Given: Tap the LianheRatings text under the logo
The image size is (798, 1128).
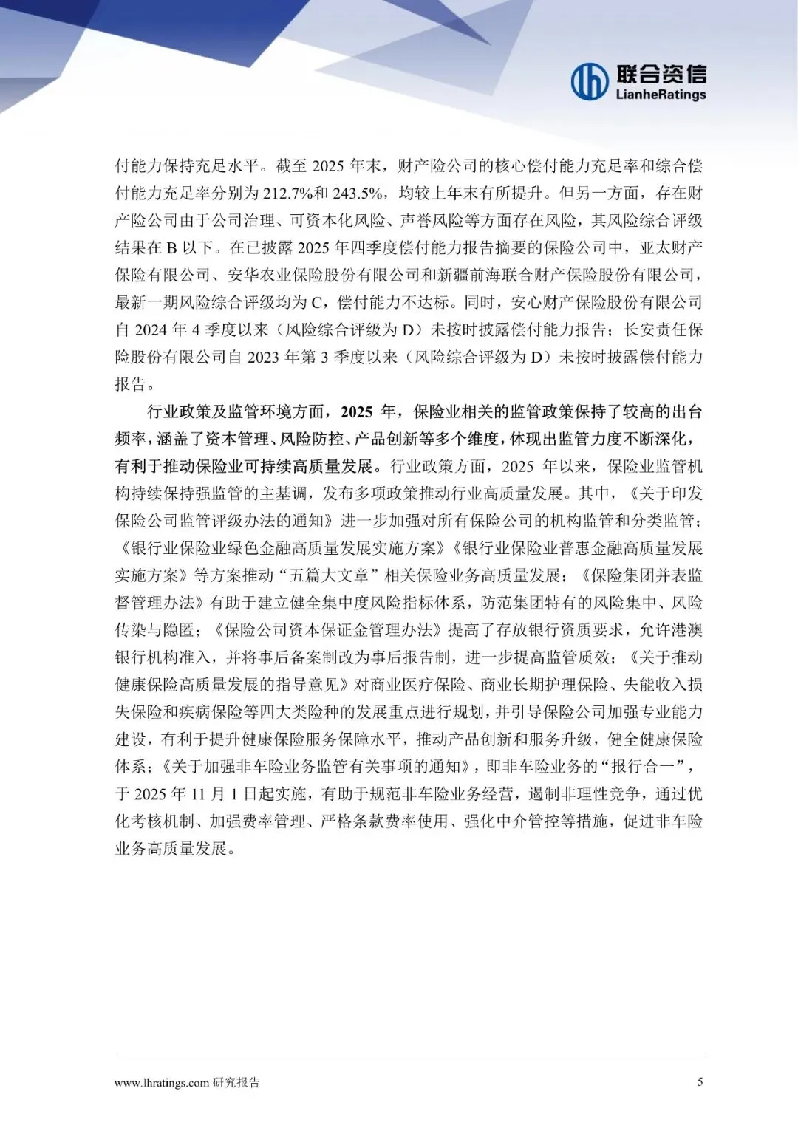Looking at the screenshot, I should click(661, 95).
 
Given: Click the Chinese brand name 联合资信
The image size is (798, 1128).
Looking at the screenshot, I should click(661, 74).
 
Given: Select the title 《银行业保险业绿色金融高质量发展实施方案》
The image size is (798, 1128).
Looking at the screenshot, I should click(281, 548).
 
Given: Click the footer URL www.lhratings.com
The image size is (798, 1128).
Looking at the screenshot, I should click(162, 1083).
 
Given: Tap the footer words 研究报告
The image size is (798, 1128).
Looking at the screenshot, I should click(236, 1083).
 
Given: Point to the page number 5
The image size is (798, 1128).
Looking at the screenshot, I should click(700, 1082).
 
